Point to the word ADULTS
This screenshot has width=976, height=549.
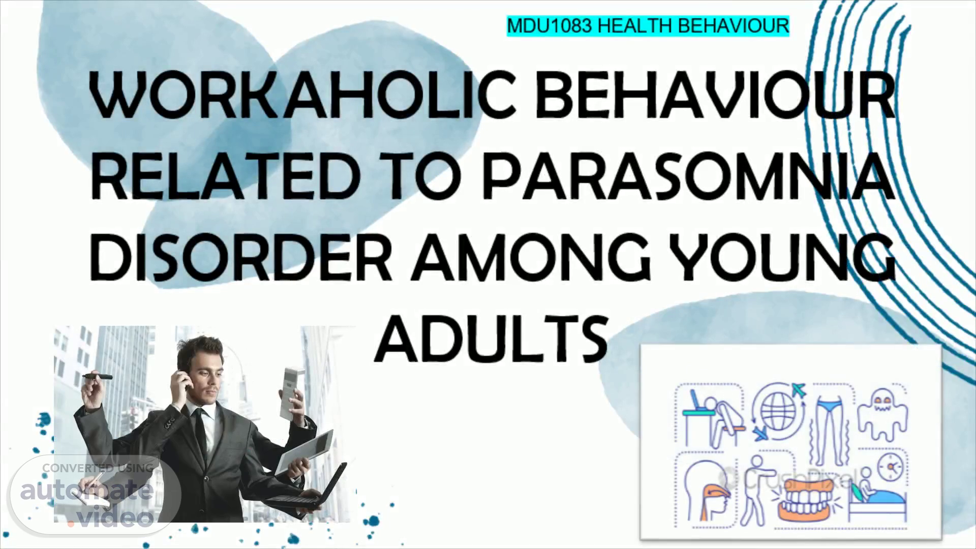[491, 337]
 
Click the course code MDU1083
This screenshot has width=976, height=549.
[550, 25]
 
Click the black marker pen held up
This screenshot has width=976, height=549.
[98, 377]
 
